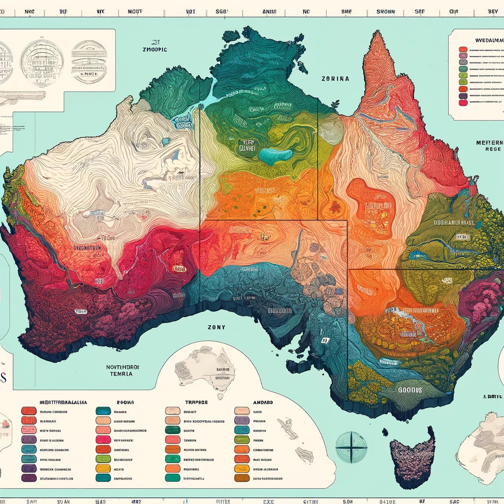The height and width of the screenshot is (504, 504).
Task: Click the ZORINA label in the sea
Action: click(335, 78)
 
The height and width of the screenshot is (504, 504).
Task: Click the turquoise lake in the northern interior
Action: click(275, 156)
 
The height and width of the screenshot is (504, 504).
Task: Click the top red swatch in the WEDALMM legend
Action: click(462, 50)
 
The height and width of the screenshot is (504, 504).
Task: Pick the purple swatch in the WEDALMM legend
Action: click(462, 95)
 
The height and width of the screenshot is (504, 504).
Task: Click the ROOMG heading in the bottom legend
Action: click(120, 402)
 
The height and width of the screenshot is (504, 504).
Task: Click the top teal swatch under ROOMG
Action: click(103, 411)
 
